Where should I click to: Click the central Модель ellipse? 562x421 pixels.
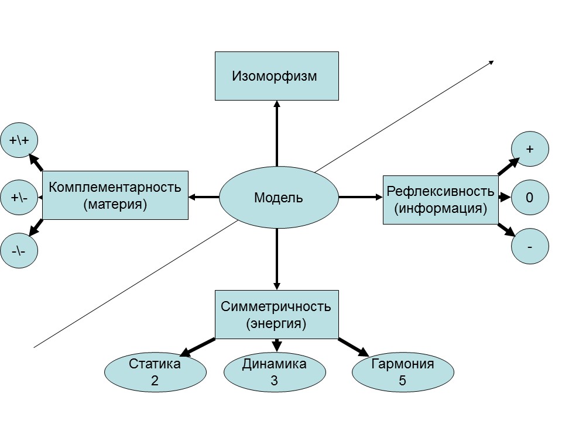[279, 198]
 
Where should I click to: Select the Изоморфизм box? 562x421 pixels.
[276, 76]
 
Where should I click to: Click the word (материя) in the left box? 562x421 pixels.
[115, 205]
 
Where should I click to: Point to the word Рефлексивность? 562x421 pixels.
[440, 191]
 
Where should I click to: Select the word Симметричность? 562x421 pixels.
[276, 306]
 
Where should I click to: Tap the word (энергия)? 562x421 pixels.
[276, 323]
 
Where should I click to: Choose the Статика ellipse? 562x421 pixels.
[155, 372]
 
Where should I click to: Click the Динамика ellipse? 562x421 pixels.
[274, 372]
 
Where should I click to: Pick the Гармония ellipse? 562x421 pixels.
[403, 372]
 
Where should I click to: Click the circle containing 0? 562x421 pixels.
[530, 198]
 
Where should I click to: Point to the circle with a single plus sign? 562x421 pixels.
[530, 149]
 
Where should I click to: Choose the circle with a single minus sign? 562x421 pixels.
[530, 247]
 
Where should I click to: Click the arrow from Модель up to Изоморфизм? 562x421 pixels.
[276, 134]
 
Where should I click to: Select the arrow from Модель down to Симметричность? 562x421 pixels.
[276, 257]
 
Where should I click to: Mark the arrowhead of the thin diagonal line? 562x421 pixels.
[491, 63]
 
